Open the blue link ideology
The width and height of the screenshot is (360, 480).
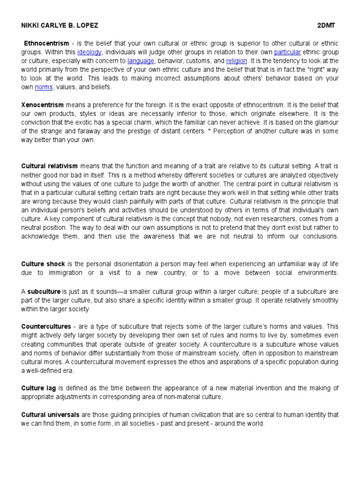point(89,52)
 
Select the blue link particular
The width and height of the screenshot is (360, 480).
point(287,52)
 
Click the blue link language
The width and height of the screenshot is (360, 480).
point(141,60)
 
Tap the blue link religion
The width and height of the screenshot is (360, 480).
point(236,60)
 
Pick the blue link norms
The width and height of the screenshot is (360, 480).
point(44,87)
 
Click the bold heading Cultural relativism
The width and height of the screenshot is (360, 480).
point(50,166)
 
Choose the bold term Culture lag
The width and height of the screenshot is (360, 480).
point(40,388)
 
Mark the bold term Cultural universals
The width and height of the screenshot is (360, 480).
point(51,415)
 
